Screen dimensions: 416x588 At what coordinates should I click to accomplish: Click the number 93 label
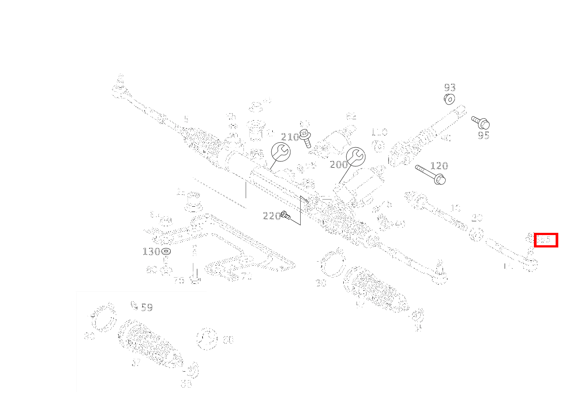(x=450, y=87)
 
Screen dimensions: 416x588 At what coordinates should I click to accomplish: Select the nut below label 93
(x=449, y=98)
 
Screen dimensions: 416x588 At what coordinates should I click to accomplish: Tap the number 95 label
(x=483, y=135)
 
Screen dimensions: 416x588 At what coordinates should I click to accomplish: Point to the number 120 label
(x=439, y=166)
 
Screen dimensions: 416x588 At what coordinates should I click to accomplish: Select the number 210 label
(x=290, y=137)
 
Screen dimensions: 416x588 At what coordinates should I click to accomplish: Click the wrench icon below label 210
(x=281, y=152)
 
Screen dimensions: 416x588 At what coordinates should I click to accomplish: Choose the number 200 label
(x=339, y=165)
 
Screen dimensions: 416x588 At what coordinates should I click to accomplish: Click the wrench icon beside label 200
(x=356, y=157)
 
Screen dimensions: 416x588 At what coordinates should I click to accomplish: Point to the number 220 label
(x=271, y=216)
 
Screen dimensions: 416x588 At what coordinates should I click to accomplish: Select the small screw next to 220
(x=286, y=216)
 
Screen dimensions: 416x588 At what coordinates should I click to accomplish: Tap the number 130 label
(x=151, y=251)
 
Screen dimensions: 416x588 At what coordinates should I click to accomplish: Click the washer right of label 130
(x=166, y=251)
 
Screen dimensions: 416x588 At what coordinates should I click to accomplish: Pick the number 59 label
(x=147, y=307)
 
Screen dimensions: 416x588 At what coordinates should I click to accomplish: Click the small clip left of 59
(x=134, y=305)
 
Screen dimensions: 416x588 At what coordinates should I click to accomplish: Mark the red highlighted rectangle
(x=545, y=240)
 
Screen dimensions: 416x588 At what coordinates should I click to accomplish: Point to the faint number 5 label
(x=186, y=119)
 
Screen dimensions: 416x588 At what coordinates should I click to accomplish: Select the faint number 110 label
(x=379, y=132)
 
